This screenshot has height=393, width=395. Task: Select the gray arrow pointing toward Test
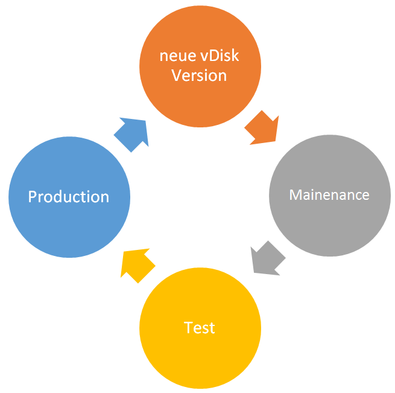point(267,258)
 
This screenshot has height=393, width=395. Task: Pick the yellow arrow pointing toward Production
point(137,264)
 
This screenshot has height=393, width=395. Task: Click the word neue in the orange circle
point(174,56)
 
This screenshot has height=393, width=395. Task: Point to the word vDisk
point(216,56)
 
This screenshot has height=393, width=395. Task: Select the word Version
point(200,75)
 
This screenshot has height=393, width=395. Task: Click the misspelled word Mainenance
point(329,195)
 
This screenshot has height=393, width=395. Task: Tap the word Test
point(200,328)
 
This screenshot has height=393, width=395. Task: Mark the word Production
point(69,197)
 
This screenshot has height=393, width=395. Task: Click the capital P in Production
point(33,197)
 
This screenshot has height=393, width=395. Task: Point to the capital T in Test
point(188,328)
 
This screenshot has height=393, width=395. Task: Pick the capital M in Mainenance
point(295,195)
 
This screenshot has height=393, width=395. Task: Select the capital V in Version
point(177,75)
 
